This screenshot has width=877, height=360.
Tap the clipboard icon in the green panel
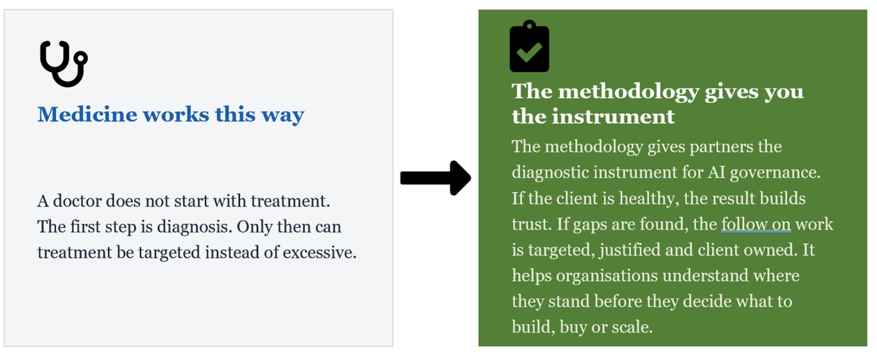pos(529,46)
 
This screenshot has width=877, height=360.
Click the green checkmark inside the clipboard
pos(529,51)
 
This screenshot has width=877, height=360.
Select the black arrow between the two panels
pos(435,178)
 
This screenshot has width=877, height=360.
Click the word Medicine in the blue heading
pos(87,114)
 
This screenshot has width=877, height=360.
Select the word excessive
pos(320,252)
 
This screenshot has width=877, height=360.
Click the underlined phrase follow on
pos(756,224)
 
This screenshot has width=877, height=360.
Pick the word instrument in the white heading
pos(614,117)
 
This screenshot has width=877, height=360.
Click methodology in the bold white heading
pos(629,92)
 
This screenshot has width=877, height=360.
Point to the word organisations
pos(607,276)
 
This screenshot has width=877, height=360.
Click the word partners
pos(721,147)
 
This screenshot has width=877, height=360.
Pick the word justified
pos(630,250)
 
